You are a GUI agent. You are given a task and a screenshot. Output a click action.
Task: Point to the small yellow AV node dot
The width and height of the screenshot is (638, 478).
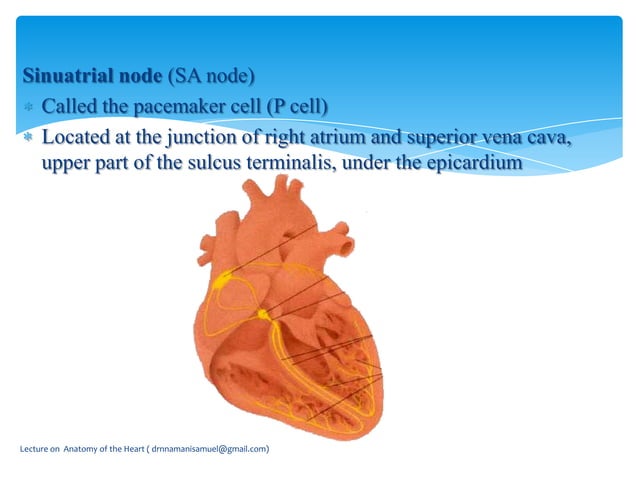263,314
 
